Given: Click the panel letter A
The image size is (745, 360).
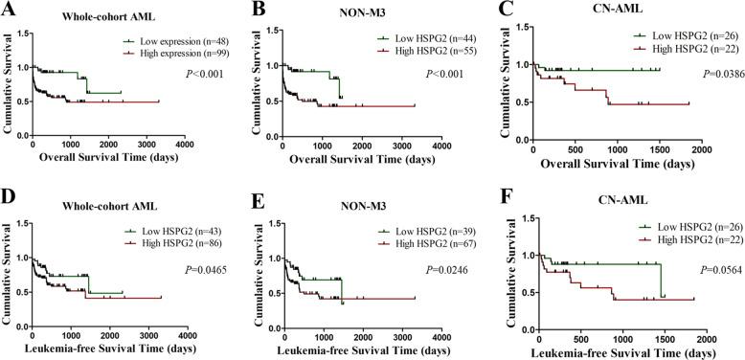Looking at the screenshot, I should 8,11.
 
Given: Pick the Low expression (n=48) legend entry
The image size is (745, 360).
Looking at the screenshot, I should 173,41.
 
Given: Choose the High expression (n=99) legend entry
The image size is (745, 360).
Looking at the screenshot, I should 174,55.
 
